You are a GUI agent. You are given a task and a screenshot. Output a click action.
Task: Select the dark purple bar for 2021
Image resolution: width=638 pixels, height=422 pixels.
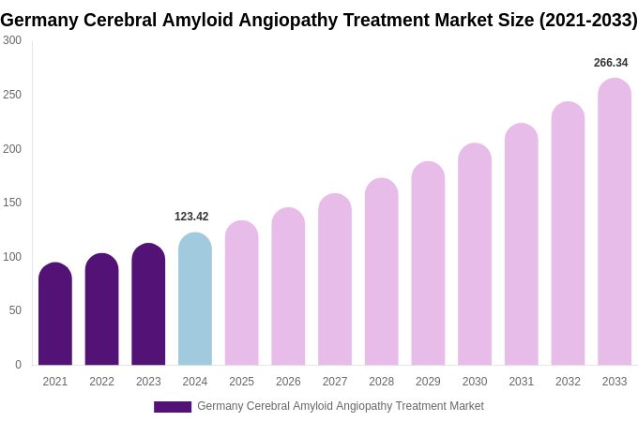(x=55, y=315)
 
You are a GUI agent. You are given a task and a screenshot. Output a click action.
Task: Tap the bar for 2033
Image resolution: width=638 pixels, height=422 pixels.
(x=615, y=222)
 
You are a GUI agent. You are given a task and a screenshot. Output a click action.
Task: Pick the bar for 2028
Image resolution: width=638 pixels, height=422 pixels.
(x=382, y=272)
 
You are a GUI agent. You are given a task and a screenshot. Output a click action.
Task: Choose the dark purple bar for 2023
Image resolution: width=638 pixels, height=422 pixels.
(x=148, y=305)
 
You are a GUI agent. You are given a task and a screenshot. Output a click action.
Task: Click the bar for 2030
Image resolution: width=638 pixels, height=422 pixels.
(x=475, y=255)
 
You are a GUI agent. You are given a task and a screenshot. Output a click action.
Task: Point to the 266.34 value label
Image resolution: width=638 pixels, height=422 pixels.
(x=611, y=63)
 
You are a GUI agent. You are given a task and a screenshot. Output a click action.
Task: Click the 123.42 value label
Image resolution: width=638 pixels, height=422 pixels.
(x=191, y=217)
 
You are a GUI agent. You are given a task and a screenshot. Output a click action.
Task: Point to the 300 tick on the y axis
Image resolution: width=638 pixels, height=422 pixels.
(x=12, y=40)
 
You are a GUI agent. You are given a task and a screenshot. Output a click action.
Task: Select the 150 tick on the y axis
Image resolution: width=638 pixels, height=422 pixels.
(x=12, y=203)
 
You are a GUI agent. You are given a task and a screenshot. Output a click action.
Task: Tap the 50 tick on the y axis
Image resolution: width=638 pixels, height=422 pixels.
(x=15, y=310)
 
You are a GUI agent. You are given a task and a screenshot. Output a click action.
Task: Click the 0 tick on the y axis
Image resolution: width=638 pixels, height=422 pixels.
(x=18, y=365)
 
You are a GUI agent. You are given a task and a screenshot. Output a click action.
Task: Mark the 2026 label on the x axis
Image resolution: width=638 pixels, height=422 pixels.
(x=288, y=382)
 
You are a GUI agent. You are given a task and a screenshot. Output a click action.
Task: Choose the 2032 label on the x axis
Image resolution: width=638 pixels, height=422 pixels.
(x=568, y=382)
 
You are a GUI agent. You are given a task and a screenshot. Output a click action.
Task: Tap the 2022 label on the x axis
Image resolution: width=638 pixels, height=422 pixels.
(x=101, y=382)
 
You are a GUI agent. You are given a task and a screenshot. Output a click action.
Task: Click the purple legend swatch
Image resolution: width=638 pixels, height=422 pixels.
(x=173, y=407)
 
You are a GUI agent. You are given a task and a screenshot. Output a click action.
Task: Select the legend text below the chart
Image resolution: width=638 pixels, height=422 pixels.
(x=341, y=406)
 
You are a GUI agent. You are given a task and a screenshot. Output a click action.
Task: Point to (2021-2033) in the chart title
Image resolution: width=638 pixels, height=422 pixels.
(x=587, y=20)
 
